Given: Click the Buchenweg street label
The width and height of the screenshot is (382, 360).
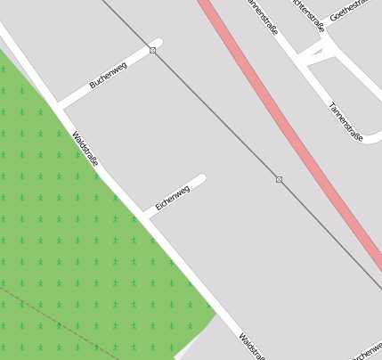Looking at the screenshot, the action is coord(108,76).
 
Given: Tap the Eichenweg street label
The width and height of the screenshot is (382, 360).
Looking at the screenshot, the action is coord(173,198).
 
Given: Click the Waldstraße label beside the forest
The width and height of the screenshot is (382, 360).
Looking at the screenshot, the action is coord(85,149).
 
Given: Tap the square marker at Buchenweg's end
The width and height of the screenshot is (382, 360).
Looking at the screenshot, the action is coord(153,51).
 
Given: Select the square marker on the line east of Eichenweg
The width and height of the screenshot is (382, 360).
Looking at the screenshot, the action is coord(280,180).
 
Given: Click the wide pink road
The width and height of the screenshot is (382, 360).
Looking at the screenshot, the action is coord(294,134).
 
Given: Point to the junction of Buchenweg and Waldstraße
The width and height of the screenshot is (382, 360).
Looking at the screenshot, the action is coord(59,104).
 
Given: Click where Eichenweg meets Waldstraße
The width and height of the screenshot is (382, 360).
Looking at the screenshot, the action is coord(145,216).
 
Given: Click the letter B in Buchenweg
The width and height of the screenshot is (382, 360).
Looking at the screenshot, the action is coord(93,86).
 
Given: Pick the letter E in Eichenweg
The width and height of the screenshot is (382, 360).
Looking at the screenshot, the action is coord(158,207).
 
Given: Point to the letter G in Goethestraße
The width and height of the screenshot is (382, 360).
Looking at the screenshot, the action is coord(333,18).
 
